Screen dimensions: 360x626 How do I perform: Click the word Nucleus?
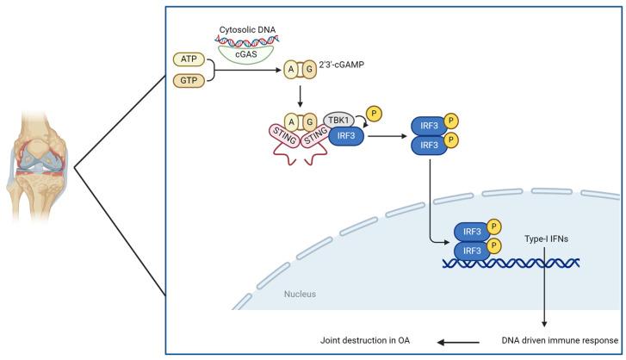click(x=300, y=294)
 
